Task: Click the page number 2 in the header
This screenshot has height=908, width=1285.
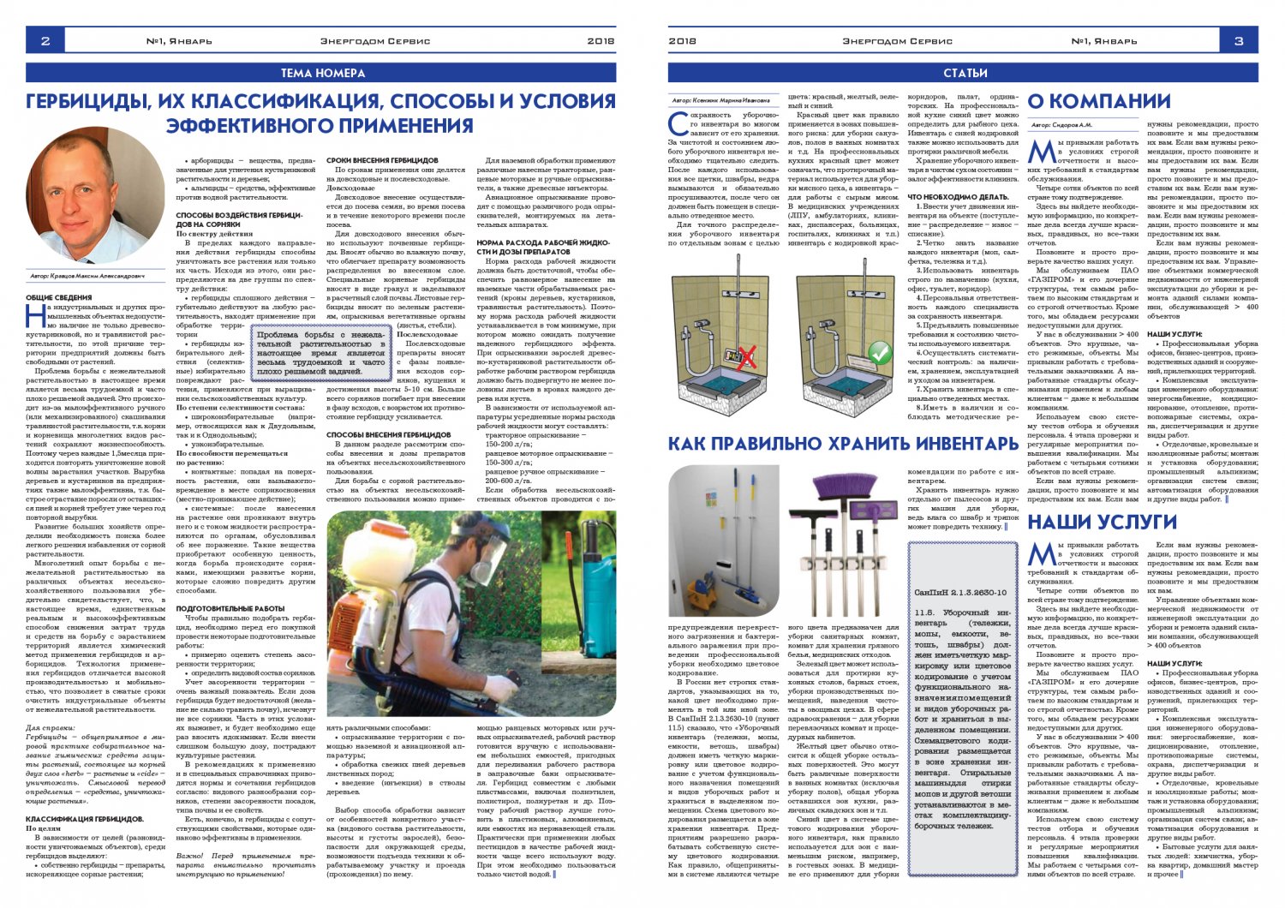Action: [x=45, y=40]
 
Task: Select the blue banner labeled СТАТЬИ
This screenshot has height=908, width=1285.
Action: [x=965, y=74]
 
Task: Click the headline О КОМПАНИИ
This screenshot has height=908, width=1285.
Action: [x=1098, y=102]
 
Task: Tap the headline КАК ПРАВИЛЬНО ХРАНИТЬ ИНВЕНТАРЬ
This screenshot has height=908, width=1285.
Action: [x=843, y=444]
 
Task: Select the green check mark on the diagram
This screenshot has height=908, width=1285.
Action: [x=880, y=352]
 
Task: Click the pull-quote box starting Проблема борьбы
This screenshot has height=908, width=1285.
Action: [x=321, y=352]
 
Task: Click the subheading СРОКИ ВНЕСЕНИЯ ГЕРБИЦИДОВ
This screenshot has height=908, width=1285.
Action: [x=382, y=160]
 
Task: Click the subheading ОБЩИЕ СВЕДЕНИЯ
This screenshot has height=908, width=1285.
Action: [x=58, y=297]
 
